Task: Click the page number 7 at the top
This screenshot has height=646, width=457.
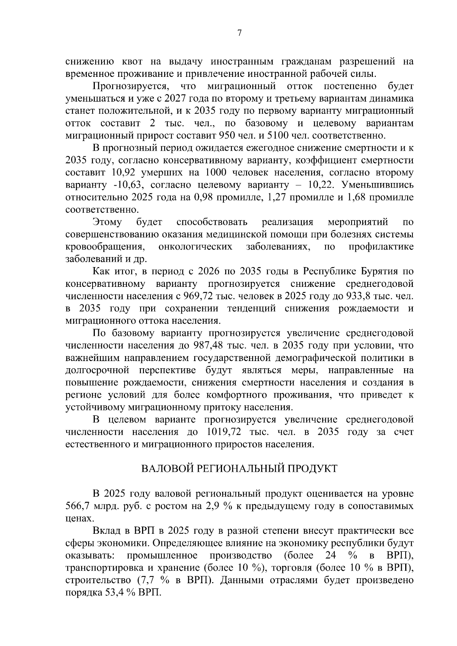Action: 240,33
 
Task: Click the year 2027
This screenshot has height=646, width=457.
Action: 175,99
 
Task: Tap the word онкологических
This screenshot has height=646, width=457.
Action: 195,247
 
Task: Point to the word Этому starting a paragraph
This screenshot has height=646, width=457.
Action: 108,222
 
